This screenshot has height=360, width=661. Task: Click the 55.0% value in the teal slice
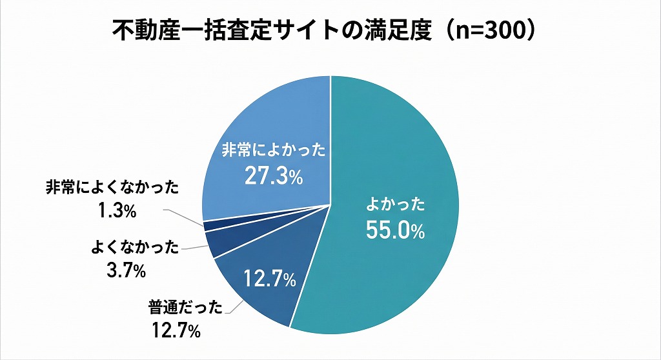(395, 231)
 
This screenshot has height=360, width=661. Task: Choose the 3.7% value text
(126, 270)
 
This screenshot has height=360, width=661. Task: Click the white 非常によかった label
(273, 151)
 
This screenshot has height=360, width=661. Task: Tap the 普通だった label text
(185, 308)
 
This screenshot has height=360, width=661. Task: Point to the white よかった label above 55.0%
(395, 206)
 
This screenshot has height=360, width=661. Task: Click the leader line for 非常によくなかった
(184, 216)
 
